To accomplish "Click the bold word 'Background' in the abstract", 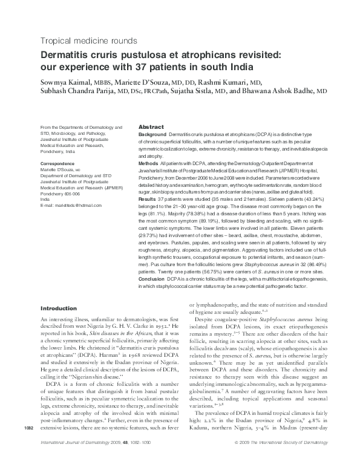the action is coord(152,134).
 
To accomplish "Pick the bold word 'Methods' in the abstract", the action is coord(149,163).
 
